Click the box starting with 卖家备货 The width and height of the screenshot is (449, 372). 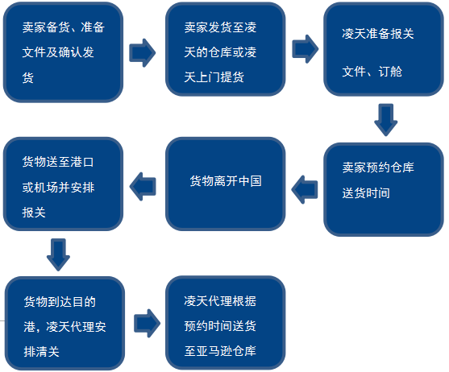pos(64,52)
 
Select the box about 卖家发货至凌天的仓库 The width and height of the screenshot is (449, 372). pos(226,49)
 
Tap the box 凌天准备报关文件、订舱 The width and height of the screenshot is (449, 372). pos(384,49)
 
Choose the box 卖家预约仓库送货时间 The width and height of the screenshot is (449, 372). pos(384,189)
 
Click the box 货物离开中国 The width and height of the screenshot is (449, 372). pos(226,184)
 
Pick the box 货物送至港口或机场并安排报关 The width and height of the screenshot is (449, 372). pos(64,184)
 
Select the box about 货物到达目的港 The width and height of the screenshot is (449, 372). pos(65,324)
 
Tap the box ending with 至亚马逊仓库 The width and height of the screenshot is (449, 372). pos(226,323)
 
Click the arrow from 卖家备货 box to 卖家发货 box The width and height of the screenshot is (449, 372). pos(143,52)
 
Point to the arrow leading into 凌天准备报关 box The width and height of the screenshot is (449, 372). pos(306,49)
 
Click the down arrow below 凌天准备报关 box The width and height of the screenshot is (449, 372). pos(385,120)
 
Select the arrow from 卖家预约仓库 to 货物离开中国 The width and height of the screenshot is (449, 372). pos(305,189)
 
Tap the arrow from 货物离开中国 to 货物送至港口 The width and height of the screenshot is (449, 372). pos(143,187)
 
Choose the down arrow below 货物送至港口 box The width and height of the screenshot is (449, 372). pos(58,254)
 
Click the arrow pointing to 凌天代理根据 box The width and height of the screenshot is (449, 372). pos(148,324)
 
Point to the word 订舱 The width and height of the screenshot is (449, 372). pos(390,71)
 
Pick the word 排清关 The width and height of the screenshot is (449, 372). pos(42,352)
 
